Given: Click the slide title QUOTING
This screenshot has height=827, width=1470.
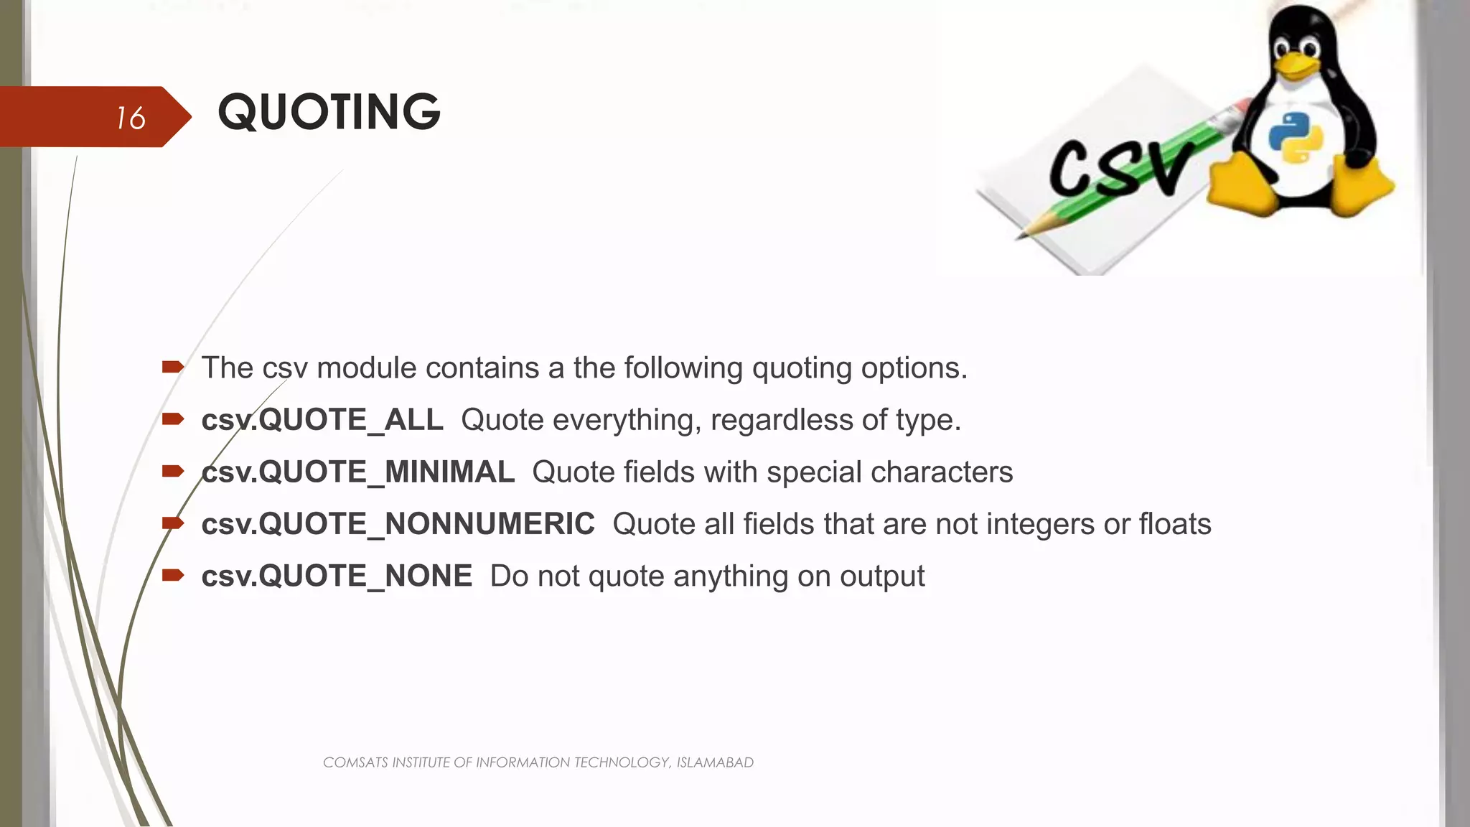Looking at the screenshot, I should (329, 113).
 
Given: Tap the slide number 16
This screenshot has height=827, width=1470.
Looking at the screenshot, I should (131, 118).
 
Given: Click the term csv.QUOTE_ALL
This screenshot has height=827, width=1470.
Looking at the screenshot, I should (322, 420).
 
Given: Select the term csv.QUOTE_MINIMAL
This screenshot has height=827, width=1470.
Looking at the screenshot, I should (357, 472).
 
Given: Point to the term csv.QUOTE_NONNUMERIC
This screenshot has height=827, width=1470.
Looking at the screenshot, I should (398, 524).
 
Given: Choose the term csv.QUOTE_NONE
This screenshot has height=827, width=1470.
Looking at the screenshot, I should (337, 576).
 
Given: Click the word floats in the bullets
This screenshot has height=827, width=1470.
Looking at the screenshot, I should (1175, 524).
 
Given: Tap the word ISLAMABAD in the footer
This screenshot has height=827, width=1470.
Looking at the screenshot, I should (715, 762).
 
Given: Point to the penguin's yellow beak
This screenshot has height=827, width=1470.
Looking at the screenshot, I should (1297, 65).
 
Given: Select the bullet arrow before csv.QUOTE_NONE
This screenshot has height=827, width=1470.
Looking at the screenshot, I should (173, 575).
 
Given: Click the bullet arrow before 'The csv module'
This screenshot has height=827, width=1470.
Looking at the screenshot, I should (173, 368).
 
